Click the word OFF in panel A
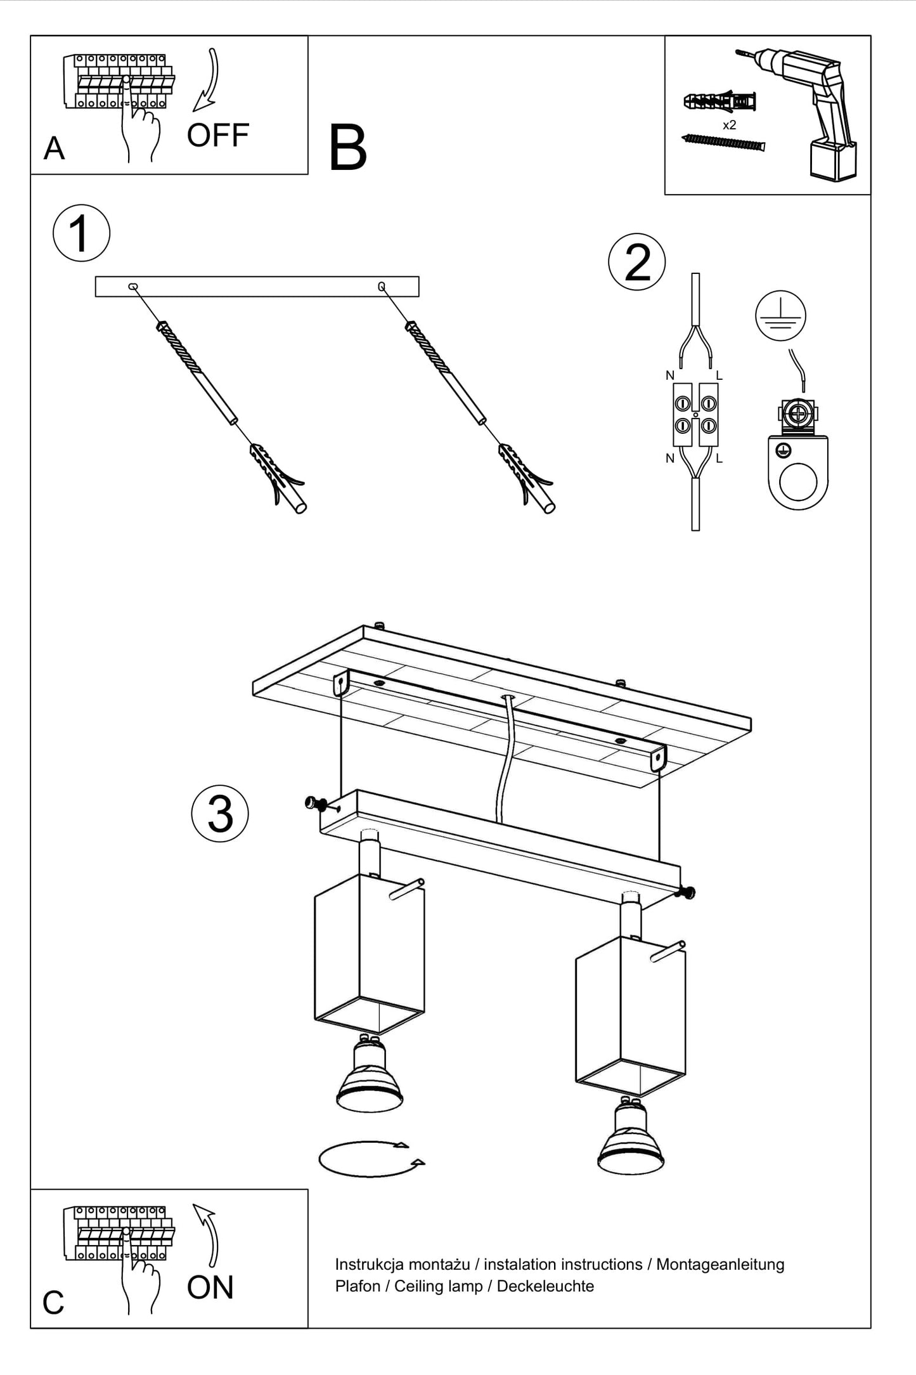tap(217, 136)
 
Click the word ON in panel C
tap(210, 1287)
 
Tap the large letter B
tap(348, 148)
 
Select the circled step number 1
tap(81, 233)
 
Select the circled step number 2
tap(636, 263)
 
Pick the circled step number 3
tap(220, 814)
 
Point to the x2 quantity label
tap(730, 126)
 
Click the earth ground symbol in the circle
tap(780, 316)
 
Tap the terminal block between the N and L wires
tap(695, 414)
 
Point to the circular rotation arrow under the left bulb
tap(371, 1159)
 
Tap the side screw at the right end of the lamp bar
tap(687, 892)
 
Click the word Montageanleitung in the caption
tap(720, 1265)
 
